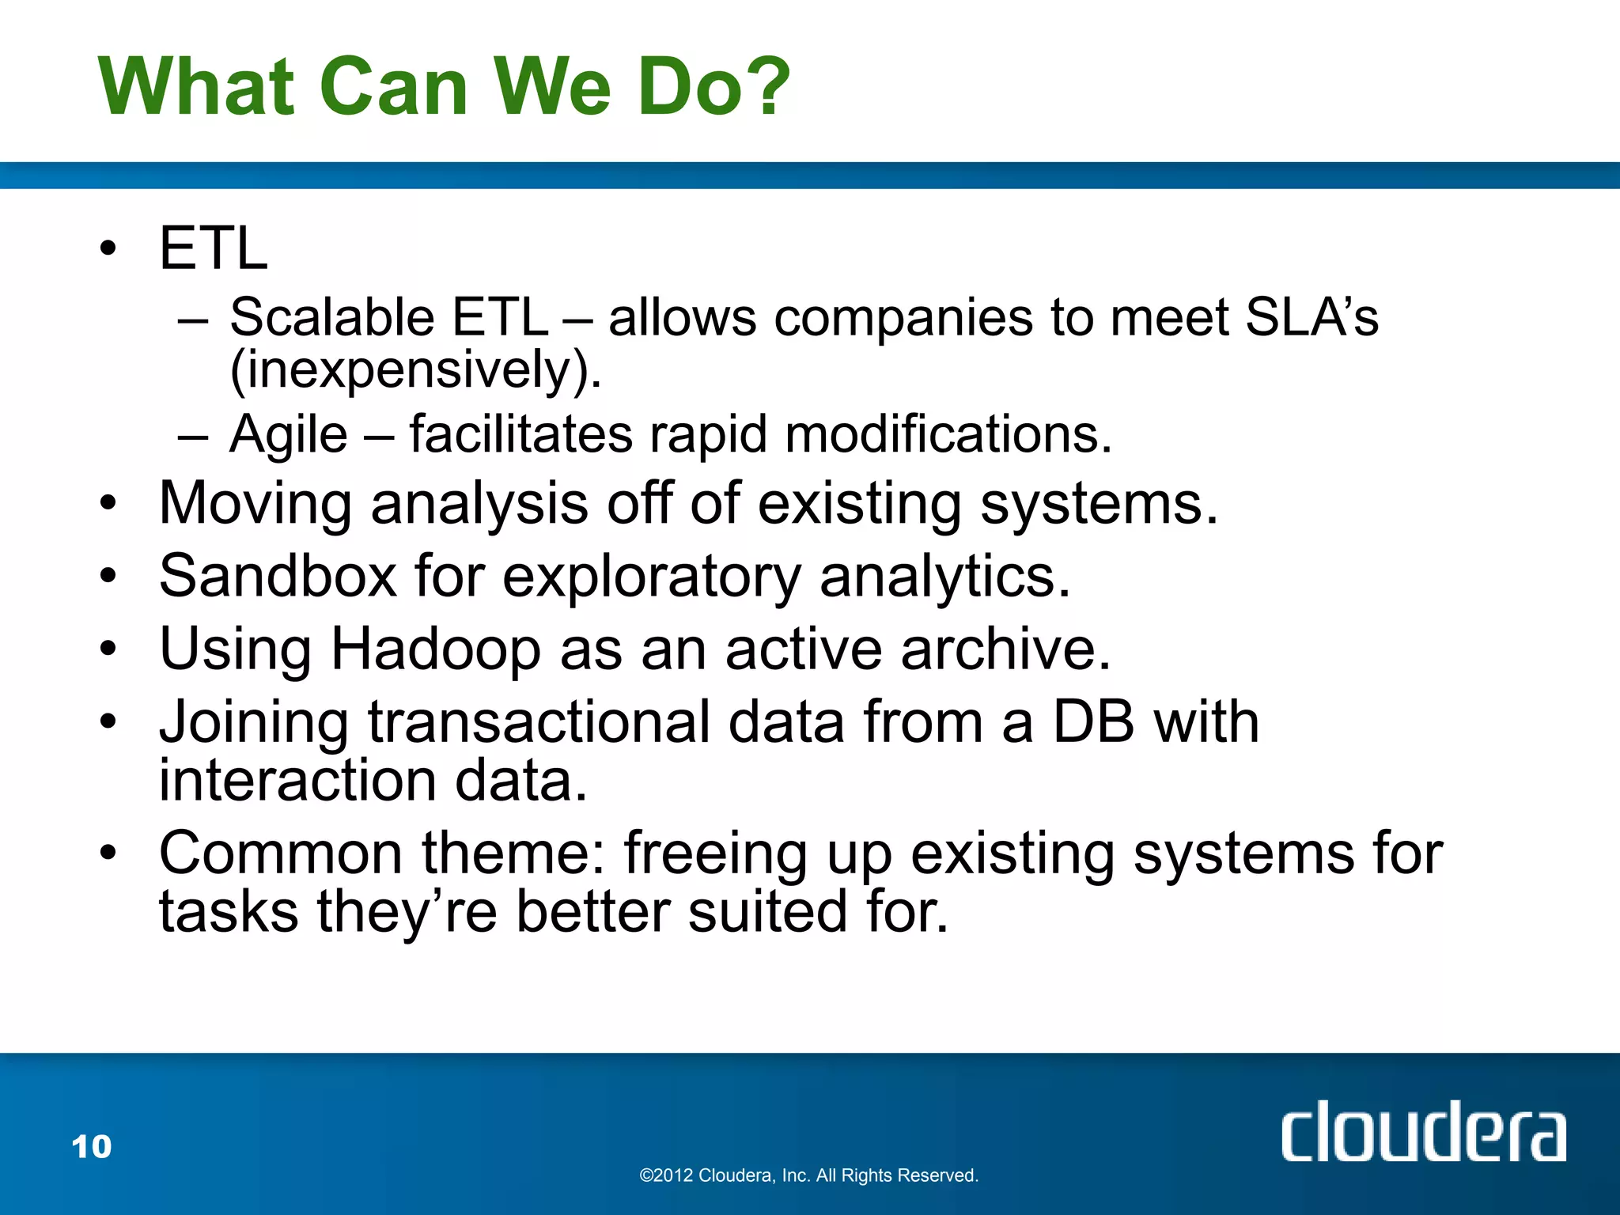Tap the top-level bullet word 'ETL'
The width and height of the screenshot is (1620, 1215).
point(214,248)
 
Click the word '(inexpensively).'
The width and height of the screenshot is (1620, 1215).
point(416,369)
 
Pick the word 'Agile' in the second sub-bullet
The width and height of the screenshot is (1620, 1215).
point(289,435)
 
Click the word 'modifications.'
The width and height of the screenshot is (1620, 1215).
point(948,435)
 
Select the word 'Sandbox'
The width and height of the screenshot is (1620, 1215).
point(278,576)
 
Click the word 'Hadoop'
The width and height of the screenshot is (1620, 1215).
point(435,649)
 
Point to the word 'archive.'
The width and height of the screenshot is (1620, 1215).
point(1005,649)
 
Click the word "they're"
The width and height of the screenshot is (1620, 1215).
point(407,911)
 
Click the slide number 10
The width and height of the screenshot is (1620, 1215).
point(92,1147)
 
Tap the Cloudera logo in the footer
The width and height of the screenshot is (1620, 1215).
point(1422,1133)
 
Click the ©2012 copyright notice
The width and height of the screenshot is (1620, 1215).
point(808,1175)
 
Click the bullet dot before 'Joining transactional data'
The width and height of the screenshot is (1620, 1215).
point(108,721)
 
